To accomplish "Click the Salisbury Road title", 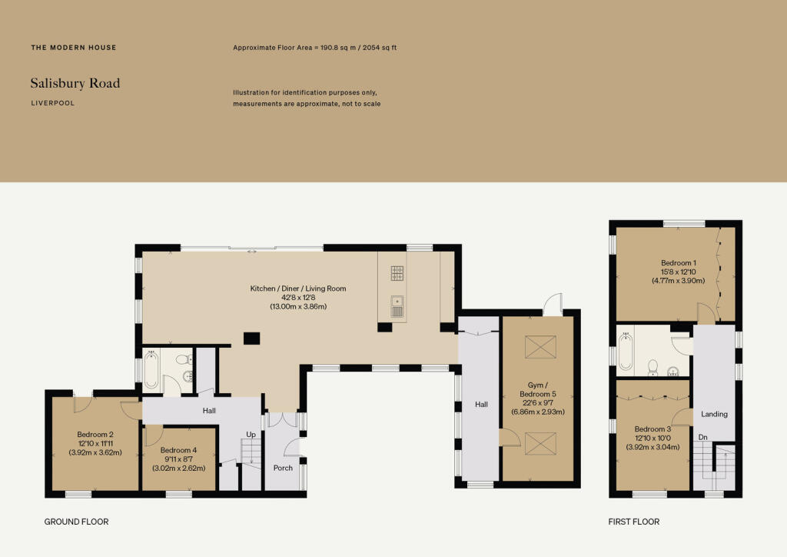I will [x=75, y=83].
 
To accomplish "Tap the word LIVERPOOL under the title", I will [x=52, y=102].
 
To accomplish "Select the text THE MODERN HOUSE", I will [x=74, y=48].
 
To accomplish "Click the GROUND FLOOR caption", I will [x=76, y=522].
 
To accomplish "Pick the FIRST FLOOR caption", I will [x=633, y=522].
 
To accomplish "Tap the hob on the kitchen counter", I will [x=397, y=273].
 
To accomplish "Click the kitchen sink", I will [x=397, y=306].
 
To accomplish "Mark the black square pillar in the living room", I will [x=251, y=338].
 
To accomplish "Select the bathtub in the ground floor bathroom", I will [x=151, y=371].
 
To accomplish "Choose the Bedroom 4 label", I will [x=178, y=450].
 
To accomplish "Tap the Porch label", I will [x=283, y=468].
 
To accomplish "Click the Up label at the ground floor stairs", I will [x=251, y=435].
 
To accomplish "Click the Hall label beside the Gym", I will [x=481, y=404].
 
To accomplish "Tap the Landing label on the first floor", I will [x=714, y=414].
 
